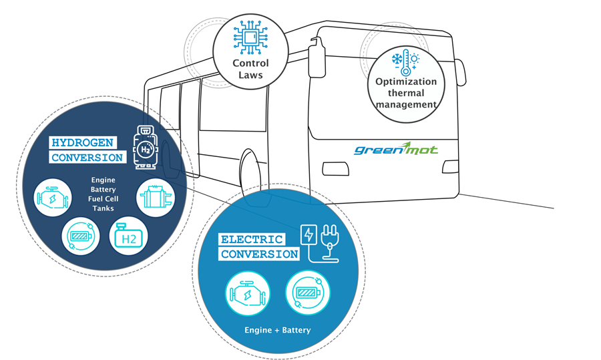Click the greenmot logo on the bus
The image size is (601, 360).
click(x=396, y=148)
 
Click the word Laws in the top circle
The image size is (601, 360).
click(x=250, y=75)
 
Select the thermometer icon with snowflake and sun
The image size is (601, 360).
click(x=405, y=64)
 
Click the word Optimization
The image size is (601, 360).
click(x=405, y=82)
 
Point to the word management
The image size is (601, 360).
click(x=406, y=104)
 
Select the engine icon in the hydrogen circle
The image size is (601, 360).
click(x=53, y=198)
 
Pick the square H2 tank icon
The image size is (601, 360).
click(x=128, y=237)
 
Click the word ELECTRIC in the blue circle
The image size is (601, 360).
click(x=252, y=239)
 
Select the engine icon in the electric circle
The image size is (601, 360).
click(x=246, y=294)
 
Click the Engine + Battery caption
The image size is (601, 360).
click(x=276, y=330)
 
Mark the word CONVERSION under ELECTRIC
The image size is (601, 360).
click(x=260, y=254)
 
